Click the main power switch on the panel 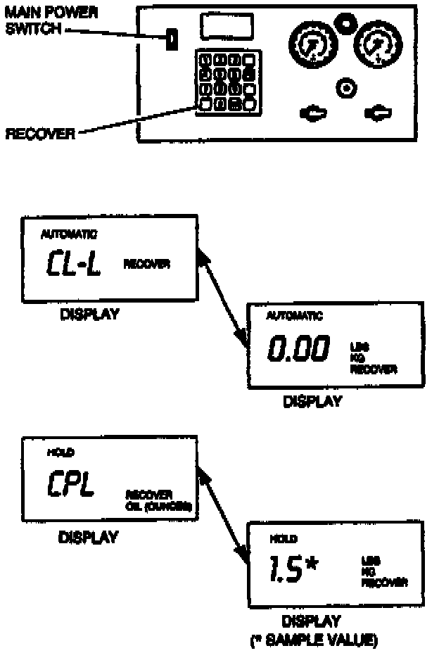(x=170, y=40)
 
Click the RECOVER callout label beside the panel (x=39, y=134)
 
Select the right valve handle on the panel (x=378, y=113)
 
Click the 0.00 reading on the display (x=298, y=350)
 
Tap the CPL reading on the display (x=72, y=485)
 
